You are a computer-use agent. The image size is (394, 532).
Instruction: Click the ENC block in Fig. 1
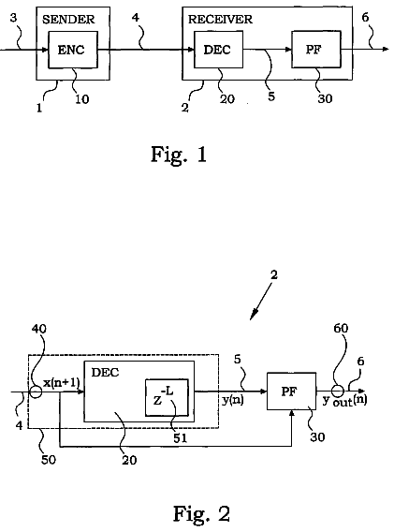tap(73, 50)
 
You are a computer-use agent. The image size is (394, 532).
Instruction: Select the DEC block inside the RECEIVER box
tap(218, 50)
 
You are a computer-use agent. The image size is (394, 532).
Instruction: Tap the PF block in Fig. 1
tap(316, 50)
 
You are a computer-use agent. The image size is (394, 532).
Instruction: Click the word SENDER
tap(68, 20)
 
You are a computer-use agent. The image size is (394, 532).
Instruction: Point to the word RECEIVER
tap(220, 20)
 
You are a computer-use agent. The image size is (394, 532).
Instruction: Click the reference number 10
tap(81, 99)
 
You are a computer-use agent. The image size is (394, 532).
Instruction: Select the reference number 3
tap(13, 18)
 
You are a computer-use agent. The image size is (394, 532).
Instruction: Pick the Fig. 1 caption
tap(179, 155)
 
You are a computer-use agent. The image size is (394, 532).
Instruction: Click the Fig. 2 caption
tap(201, 513)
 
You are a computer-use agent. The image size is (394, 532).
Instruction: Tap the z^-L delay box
tap(167, 397)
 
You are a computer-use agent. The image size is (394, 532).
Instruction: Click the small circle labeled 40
tap(36, 392)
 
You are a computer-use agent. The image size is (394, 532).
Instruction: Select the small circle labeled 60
tap(337, 392)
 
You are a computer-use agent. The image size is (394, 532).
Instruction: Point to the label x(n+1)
tap(62, 383)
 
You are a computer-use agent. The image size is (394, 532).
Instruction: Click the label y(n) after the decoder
tap(233, 400)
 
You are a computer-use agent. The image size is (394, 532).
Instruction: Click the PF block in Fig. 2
tap(292, 392)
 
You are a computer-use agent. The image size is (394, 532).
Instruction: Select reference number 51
tap(180, 438)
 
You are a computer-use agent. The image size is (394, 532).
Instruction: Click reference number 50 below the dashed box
tap(49, 460)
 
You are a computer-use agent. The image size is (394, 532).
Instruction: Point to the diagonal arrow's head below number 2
tap(251, 318)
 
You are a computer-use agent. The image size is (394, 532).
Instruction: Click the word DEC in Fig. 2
tap(105, 373)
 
